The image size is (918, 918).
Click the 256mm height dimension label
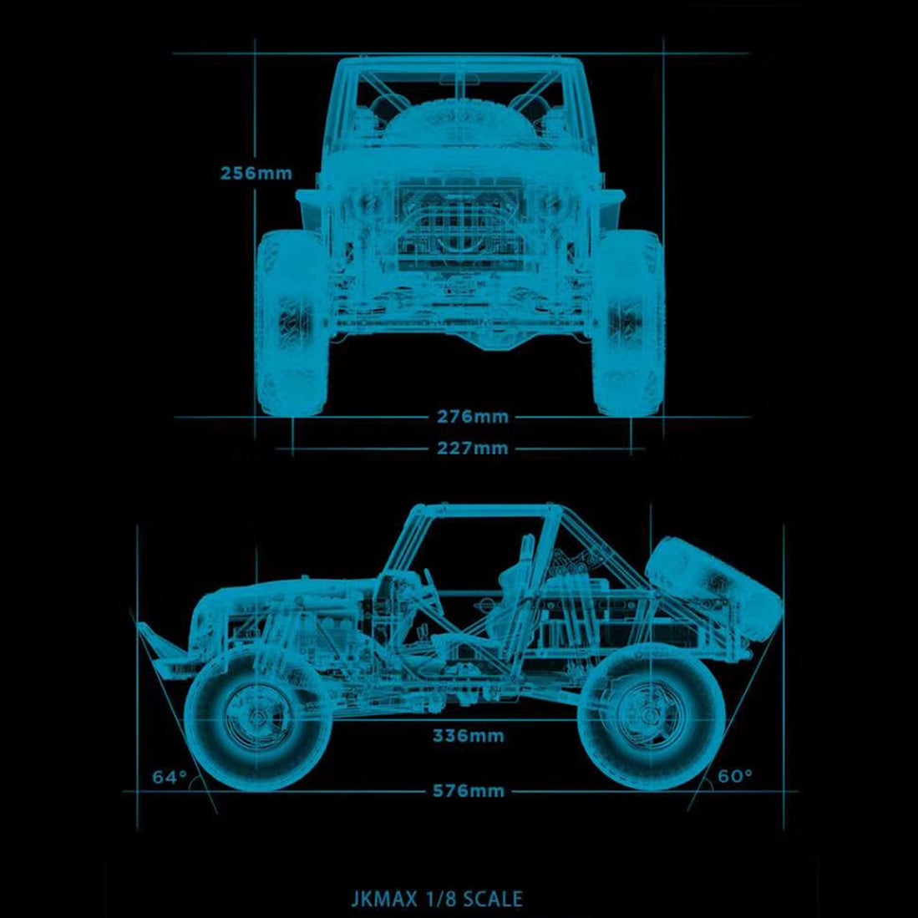(x=256, y=174)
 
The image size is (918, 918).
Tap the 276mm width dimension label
(x=473, y=416)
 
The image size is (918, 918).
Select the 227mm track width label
(x=473, y=449)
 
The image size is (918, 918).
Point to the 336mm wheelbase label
(x=468, y=736)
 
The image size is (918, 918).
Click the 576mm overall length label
(x=468, y=791)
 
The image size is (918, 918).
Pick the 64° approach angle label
(x=170, y=778)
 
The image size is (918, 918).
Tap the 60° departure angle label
(x=735, y=776)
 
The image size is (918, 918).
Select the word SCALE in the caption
(x=493, y=899)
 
